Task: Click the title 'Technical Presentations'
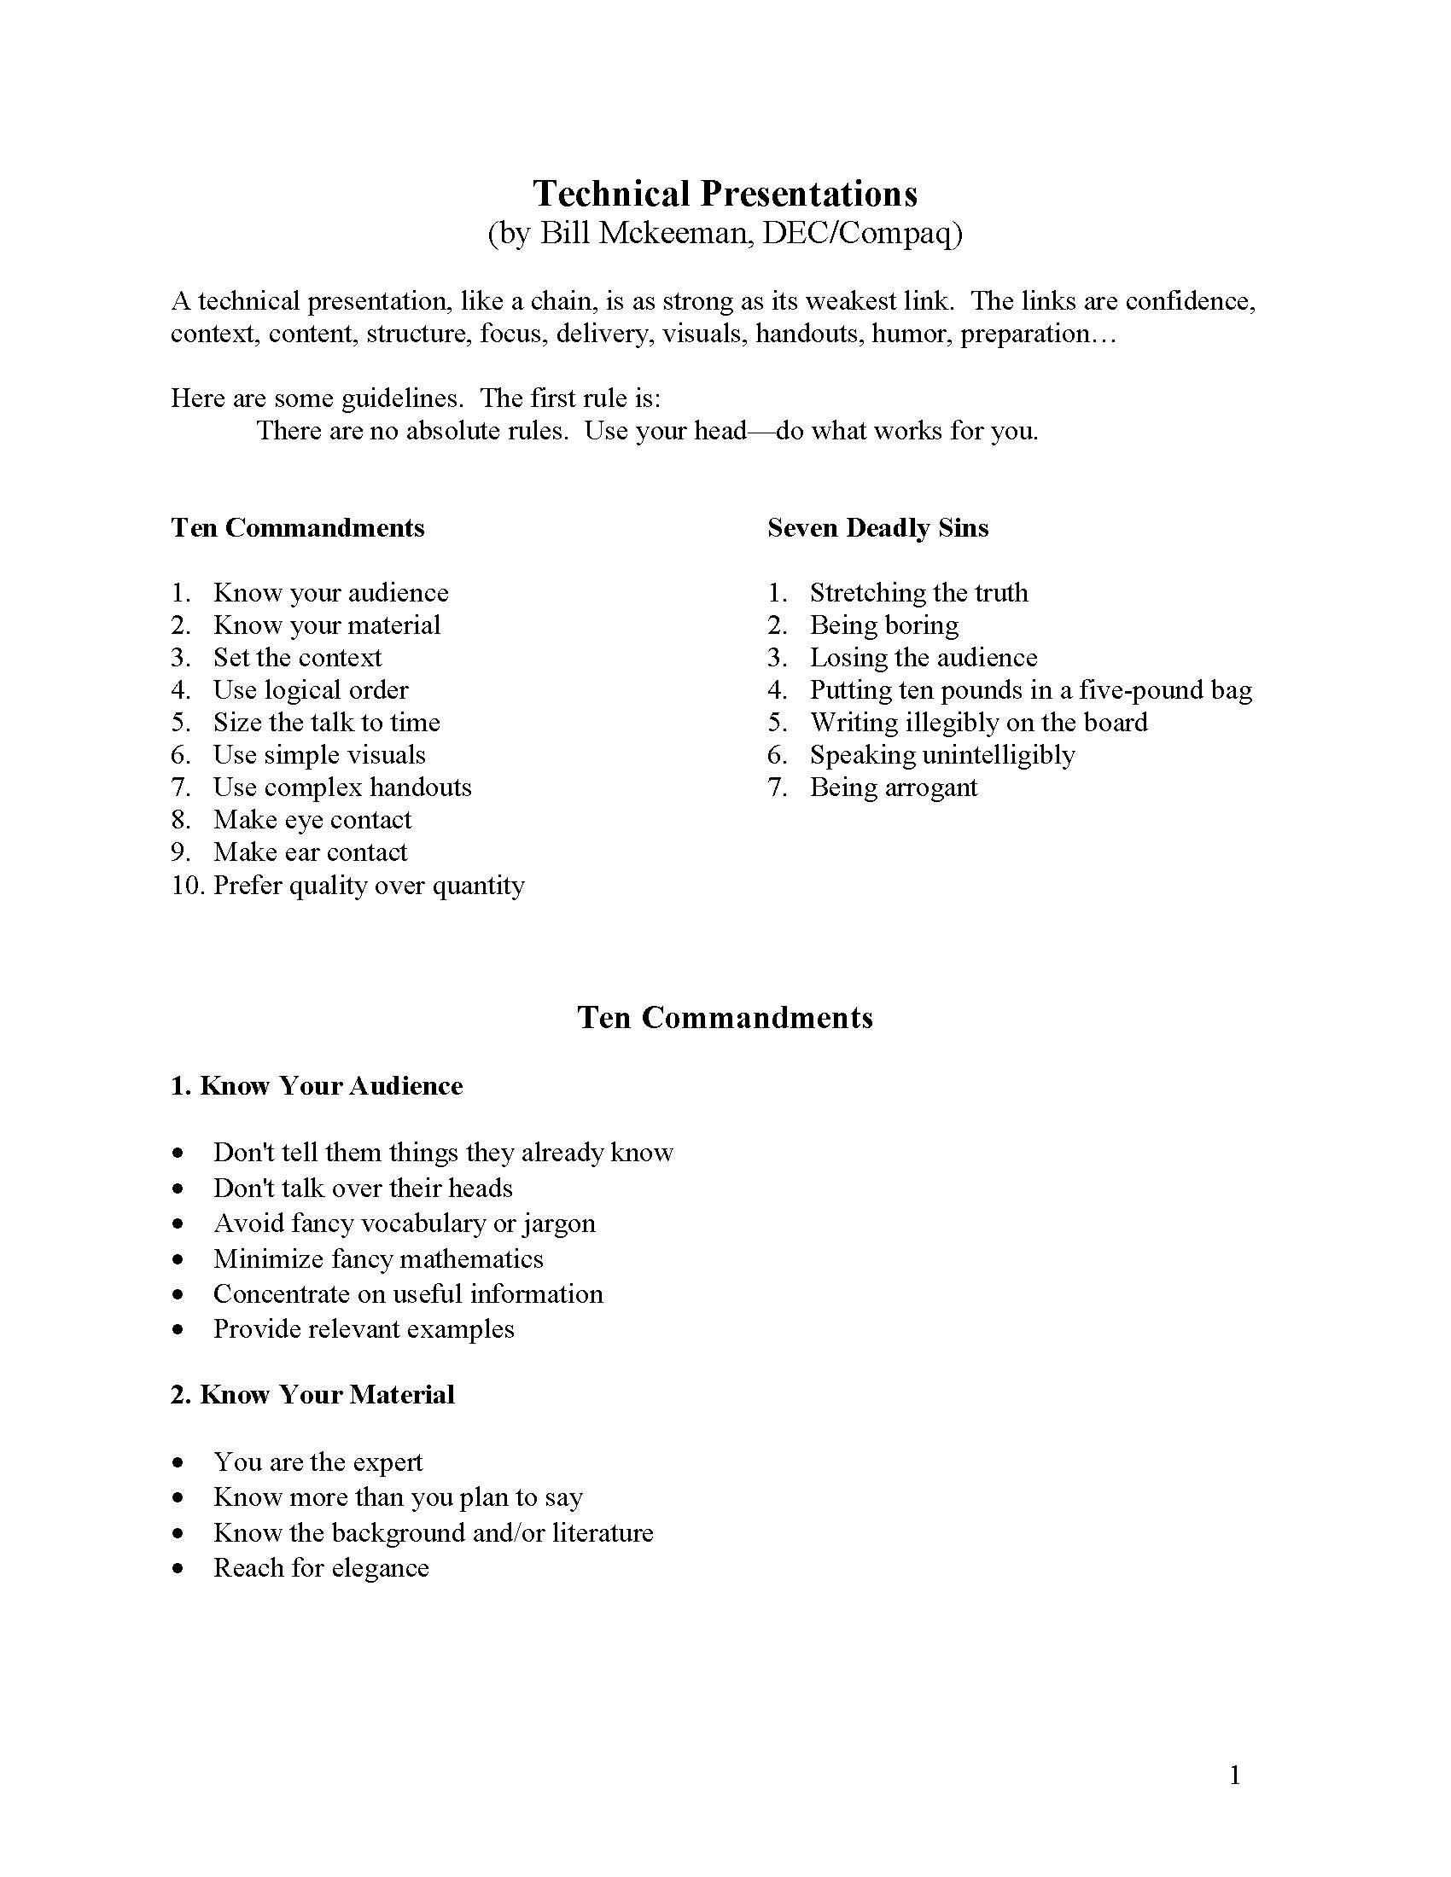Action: click(x=725, y=195)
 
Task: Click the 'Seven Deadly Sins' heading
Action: click(x=877, y=527)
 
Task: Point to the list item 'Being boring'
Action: click(x=883, y=625)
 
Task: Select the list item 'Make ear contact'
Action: click(x=310, y=851)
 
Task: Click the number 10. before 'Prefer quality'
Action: click(x=187, y=886)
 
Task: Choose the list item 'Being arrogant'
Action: click(x=893, y=787)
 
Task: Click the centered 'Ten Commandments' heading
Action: click(x=725, y=1018)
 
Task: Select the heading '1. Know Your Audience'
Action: click(x=317, y=1086)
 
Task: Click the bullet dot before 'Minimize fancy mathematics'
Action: click(x=178, y=1260)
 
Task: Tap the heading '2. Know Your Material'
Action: click(x=312, y=1394)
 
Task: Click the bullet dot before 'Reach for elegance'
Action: click(x=178, y=1568)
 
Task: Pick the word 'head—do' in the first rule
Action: click(x=747, y=431)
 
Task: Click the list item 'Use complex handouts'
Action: click(x=342, y=787)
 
